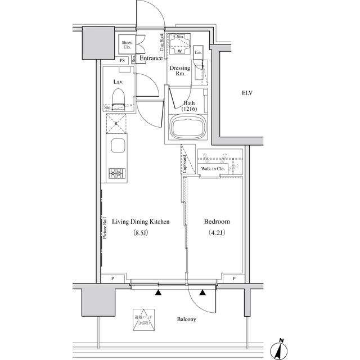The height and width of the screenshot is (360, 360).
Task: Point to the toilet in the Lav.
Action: (x=118, y=100)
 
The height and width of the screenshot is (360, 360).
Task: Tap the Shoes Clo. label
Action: (x=127, y=45)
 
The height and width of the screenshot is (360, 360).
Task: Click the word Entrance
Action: (x=151, y=58)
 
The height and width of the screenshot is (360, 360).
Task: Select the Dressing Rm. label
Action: (x=181, y=71)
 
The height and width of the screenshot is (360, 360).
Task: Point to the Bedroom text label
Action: (x=216, y=222)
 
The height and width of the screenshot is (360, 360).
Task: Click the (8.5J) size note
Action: (x=140, y=233)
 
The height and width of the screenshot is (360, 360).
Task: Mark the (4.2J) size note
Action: (x=216, y=233)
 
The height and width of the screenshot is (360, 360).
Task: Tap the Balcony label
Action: (x=186, y=319)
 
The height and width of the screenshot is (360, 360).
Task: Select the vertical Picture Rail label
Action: (x=105, y=228)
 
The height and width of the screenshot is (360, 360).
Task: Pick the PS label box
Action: (x=122, y=61)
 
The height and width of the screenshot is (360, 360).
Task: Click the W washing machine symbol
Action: (x=179, y=51)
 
